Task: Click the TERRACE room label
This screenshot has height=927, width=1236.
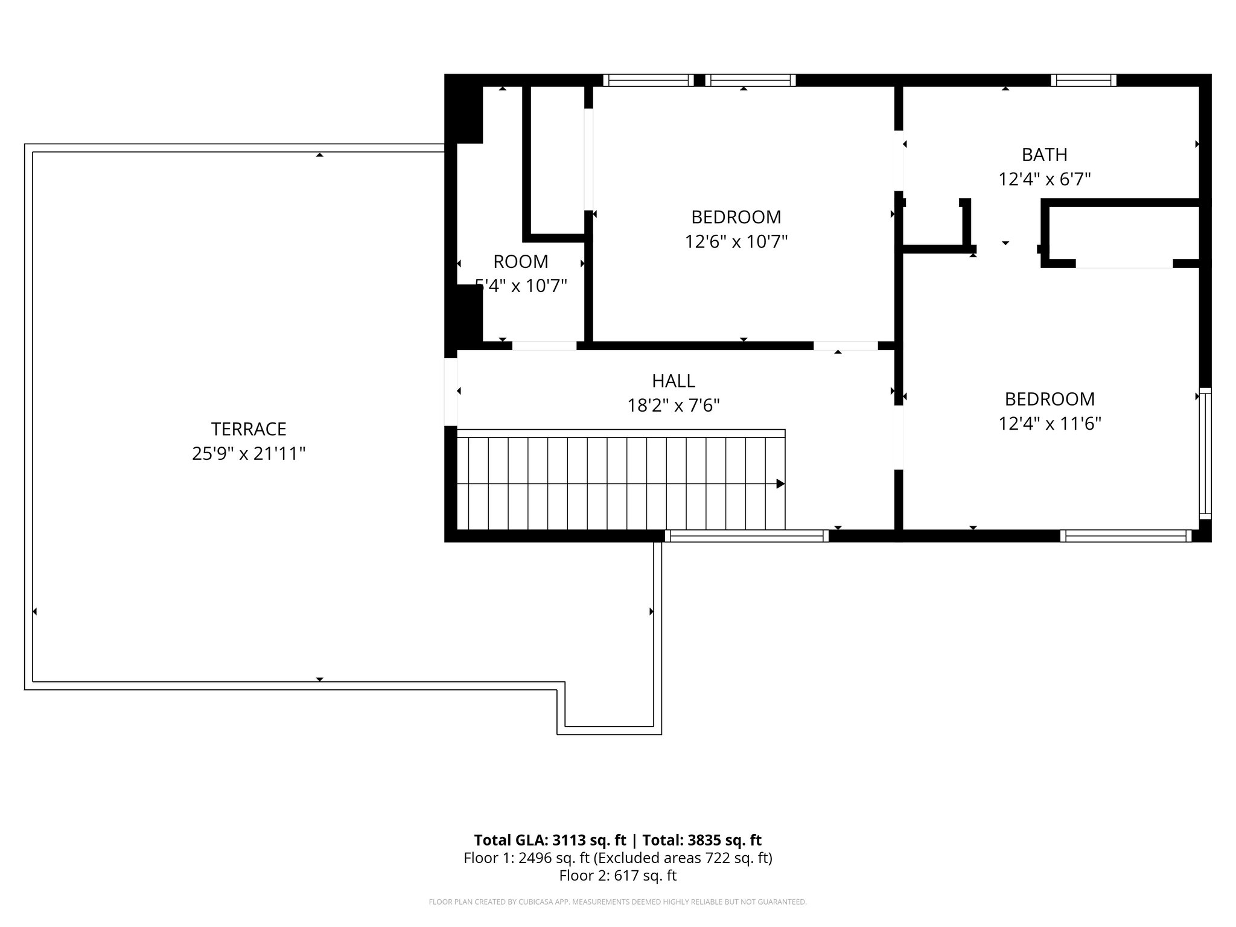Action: [249, 429]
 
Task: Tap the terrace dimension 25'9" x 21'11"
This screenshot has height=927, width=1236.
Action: [249, 454]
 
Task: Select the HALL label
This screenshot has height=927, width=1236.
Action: [674, 381]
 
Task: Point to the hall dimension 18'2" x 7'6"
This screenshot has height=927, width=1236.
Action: [674, 406]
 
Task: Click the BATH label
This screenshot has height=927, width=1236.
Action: [1044, 155]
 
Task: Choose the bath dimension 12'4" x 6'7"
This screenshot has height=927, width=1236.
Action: [1044, 179]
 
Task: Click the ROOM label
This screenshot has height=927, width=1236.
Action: [521, 262]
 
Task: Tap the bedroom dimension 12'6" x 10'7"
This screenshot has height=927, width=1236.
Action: [736, 242]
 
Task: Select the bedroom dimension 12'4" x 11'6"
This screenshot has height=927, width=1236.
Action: [1050, 424]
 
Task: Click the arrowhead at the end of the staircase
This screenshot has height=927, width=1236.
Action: [780, 483]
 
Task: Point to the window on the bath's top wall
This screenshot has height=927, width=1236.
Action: [1083, 80]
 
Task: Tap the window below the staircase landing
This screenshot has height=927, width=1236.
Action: [747, 536]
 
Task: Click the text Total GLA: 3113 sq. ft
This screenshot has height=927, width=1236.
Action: [550, 840]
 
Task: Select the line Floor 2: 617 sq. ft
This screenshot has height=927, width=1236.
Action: [617, 876]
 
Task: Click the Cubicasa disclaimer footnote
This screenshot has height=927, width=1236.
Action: [617, 902]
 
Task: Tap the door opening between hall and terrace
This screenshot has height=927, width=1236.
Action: [451, 392]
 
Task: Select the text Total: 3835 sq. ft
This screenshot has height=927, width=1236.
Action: [702, 840]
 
